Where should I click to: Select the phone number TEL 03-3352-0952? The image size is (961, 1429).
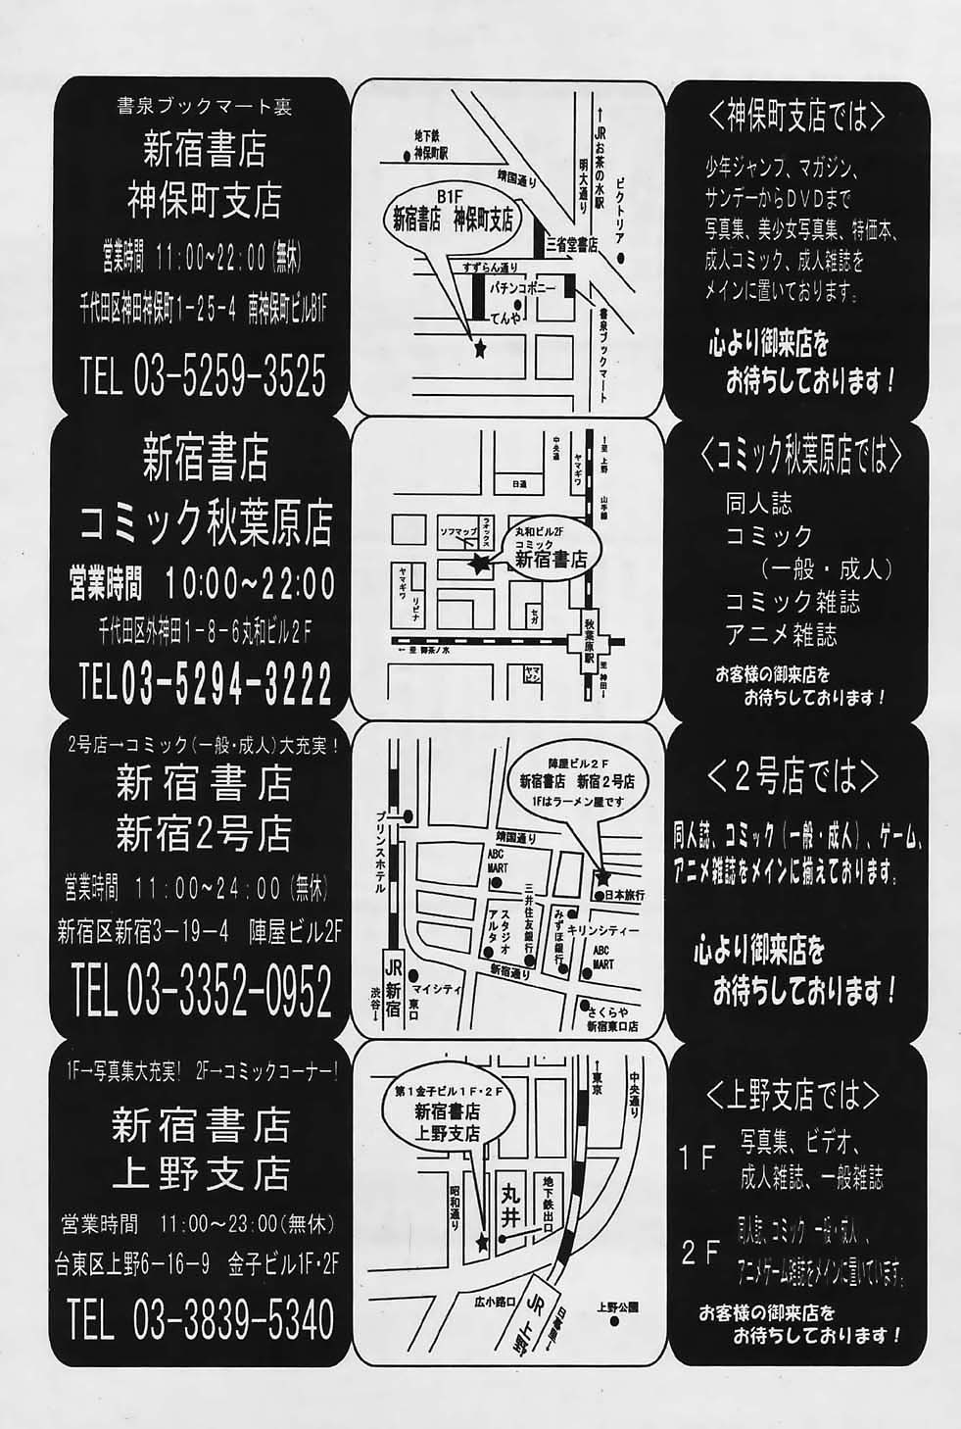click(x=202, y=994)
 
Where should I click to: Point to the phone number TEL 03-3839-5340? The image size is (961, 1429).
click(x=202, y=1319)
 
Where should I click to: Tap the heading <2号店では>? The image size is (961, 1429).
click(x=793, y=777)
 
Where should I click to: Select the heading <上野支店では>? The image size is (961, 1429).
click(x=793, y=1092)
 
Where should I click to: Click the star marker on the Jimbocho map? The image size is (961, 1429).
click(x=479, y=348)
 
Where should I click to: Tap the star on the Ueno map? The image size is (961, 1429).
click(x=481, y=1243)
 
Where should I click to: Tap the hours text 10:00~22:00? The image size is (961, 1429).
click(x=250, y=584)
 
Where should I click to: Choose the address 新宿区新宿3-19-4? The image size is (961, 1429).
click(x=143, y=931)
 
